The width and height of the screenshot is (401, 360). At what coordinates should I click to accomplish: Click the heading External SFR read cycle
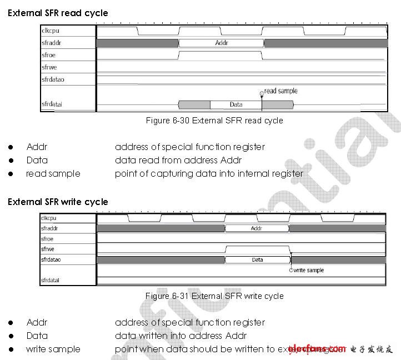(58, 13)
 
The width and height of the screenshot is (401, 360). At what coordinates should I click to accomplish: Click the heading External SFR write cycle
(58, 202)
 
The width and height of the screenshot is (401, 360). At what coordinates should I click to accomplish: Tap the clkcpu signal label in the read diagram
(51, 31)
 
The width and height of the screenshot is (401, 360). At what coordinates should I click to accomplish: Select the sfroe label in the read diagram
(48, 55)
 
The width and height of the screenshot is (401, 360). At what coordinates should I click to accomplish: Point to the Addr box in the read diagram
(221, 43)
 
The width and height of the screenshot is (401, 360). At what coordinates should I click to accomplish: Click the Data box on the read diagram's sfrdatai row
(235, 104)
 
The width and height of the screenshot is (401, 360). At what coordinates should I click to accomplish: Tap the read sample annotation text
(281, 91)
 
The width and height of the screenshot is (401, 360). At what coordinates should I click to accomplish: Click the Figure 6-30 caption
(214, 121)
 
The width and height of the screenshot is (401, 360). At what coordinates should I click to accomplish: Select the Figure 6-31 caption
(214, 296)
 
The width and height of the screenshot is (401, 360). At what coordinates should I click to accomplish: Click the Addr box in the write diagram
(257, 228)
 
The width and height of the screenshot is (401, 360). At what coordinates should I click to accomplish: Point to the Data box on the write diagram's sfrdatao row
(257, 259)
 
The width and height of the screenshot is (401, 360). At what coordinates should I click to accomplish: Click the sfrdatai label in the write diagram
(50, 280)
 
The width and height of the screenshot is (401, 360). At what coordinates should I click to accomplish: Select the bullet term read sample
(53, 174)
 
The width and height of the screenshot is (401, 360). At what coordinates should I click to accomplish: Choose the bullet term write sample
(53, 349)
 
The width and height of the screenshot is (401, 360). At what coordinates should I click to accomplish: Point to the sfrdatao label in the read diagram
(53, 79)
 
